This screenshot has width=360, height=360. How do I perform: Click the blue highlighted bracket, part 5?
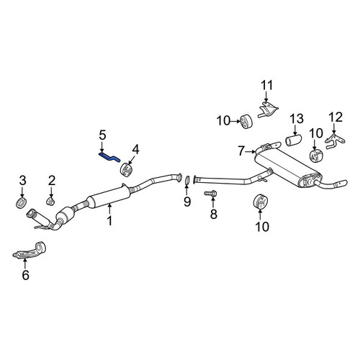(x=109, y=157)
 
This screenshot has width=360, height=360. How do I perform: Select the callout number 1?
(x=109, y=220)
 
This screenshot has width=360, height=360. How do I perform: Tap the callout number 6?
(x=25, y=274)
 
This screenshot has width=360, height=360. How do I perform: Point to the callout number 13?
(x=297, y=119)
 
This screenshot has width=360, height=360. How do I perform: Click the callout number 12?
(x=336, y=117)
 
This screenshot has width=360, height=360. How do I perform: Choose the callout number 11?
(x=267, y=86)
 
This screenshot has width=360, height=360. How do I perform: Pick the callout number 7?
(x=242, y=151)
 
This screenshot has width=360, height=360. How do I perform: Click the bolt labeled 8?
(x=210, y=193)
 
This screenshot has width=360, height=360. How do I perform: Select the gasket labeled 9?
(x=187, y=181)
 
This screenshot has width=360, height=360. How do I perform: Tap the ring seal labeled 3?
(x=21, y=203)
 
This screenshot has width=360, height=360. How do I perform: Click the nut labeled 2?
(x=50, y=201)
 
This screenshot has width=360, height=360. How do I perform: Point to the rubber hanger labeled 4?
(x=127, y=169)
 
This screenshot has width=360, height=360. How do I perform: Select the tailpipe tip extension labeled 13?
(x=293, y=140)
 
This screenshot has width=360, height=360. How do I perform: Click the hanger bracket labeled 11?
(x=268, y=109)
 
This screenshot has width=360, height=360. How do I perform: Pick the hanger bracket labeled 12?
(x=335, y=141)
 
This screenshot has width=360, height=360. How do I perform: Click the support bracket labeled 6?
(x=30, y=251)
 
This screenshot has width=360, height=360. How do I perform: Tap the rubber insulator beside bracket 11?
(x=246, y=122)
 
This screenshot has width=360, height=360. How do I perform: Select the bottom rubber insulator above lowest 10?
(x=261, y=202)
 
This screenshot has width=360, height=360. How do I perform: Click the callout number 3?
(x=22, y=181)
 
